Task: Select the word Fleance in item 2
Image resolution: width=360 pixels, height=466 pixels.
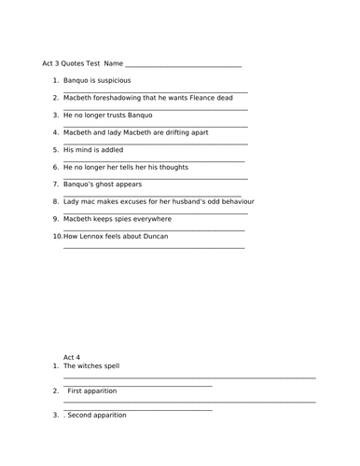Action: [x=190, y=97]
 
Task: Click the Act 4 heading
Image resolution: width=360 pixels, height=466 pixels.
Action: [x=72, y=357]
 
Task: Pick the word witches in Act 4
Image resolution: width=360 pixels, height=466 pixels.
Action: [x=92, y=366]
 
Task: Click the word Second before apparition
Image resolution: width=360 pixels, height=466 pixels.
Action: [x=82, y=415]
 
